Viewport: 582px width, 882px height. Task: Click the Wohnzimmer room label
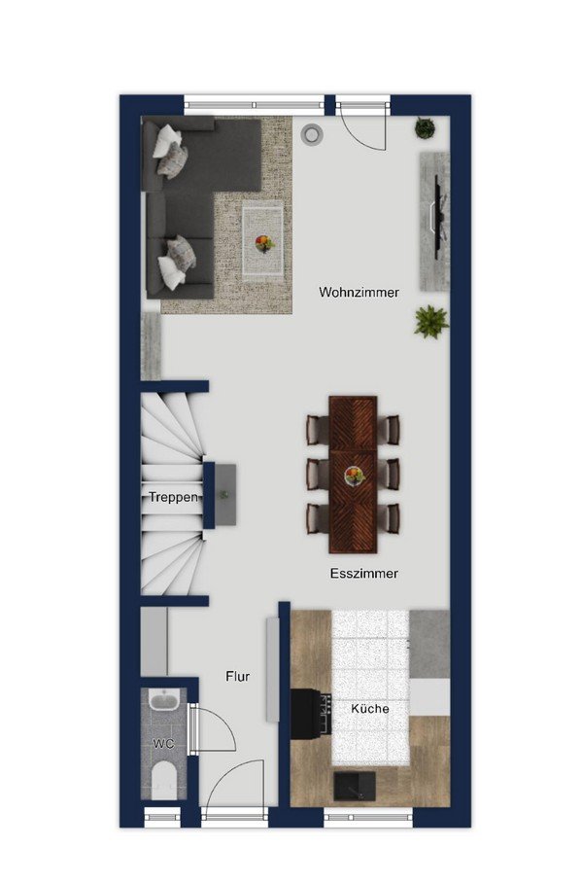coord(359,293)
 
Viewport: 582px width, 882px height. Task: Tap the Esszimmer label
coord(364,574)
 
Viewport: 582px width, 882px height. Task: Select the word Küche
coord(370,709)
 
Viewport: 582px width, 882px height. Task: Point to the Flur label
coord(238,677)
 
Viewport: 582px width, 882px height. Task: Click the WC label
coord(163,744)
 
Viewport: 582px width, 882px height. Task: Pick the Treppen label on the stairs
coord(173,497)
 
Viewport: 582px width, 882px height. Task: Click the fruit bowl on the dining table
coord(354,476)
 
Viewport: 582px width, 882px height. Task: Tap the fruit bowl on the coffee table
coord(264,243)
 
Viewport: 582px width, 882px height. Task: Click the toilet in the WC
coord(164,780)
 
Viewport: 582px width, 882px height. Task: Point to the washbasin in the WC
coord(164,701)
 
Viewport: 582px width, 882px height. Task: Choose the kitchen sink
coord(355,786)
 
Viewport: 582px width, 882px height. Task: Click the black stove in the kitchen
coord(311,712)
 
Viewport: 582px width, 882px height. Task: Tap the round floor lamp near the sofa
coord(311,133)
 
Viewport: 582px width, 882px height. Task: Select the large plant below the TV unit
coord(431,322)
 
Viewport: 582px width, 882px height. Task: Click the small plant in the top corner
coord(426,128)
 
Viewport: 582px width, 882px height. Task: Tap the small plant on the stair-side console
coord(224,495)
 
